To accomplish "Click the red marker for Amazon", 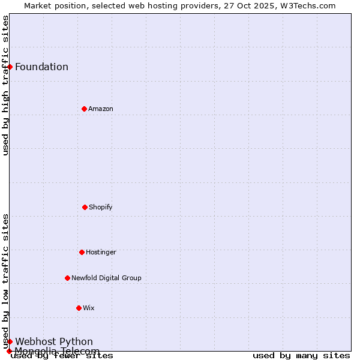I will pyautogui.click(x=84, y=109).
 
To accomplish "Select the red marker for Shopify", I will pyautogui.click(x=85, y=207).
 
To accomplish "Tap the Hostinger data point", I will pyautogui.click(x=82, y=252).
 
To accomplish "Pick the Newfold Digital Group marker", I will pyautogui.click(x=67, y=278).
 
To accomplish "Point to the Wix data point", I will pyautogui.click(x=79, y=308).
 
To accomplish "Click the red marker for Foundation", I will pyautogui.click(x=10, y=67).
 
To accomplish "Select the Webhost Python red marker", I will pyautogui.click(x=10, y=341).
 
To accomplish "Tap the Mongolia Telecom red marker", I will pyautogui.click(x=10, y=351).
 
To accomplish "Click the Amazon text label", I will pyautogui.click(x=101, y=109).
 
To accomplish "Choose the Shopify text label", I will pyautogui.click(x=101, y=207).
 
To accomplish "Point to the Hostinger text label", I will pyautogui.click(x=101, y=252).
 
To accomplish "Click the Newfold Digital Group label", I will pyautogui.click(x=106, y=278).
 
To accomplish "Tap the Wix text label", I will pyautogui.click(x=89, y=308).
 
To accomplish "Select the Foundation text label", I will pyautogui.click(x=41, y=67).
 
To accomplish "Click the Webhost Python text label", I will pyautogui.click(x=54, y=341).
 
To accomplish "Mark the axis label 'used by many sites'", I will pyautogui.click(x=301, y=355).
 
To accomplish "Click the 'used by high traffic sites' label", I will pyautogui.click(x=6, y=85).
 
